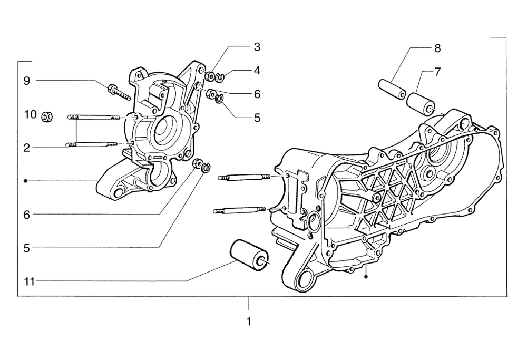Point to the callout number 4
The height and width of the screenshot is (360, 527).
[257, 70]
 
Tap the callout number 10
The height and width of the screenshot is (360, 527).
[29, 113]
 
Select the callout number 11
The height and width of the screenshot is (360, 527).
[28, 281]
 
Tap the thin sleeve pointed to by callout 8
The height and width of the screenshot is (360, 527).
[392, 88]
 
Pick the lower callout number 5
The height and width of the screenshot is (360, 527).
[26, 247]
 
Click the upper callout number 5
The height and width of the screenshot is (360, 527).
[257, 118]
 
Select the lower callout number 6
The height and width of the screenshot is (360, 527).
[26, 214]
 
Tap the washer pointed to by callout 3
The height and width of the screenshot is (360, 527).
[210, 77]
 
